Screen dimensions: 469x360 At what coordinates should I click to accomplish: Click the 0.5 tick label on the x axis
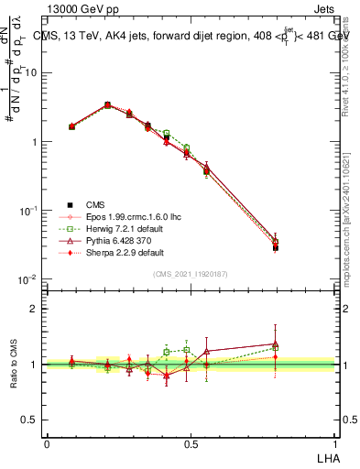[x=191, y=442]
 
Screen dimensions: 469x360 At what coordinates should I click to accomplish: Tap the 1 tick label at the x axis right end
[x=333, y=442]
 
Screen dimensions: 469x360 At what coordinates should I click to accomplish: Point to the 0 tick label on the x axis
[x=47, y=442]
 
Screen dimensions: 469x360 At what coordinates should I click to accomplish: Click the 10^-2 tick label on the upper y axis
[x=27, y=279]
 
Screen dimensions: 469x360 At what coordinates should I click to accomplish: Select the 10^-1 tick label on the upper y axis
[x=27, y=211]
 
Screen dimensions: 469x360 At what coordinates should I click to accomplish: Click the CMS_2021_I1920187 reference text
[x=191, y=274]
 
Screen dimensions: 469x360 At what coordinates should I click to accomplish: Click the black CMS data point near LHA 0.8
[x=276, y=247]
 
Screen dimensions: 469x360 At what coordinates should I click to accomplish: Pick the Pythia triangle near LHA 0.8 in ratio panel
[x=276, y=344]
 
